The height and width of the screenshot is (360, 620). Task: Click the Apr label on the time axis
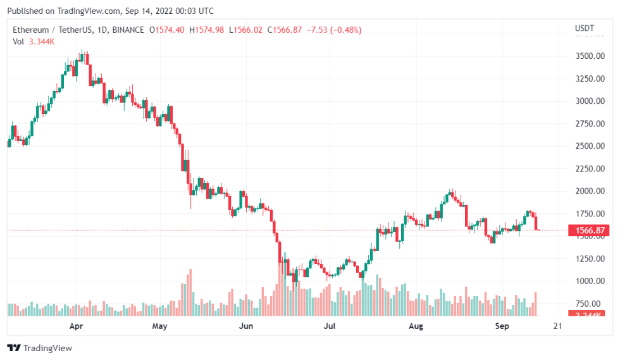[x=77, y=326]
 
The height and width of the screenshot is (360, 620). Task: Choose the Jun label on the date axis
[x=247, y=326]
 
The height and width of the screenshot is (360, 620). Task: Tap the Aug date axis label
[x=416, y=326]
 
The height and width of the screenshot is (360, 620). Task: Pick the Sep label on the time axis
[x=502, y=326]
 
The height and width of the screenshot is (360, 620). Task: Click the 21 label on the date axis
[x=557, y=326]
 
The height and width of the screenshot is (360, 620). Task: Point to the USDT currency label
[x=584, y=28]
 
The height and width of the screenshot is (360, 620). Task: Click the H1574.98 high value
[x=208, y=30]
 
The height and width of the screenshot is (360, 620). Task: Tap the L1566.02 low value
[x=247, y=30]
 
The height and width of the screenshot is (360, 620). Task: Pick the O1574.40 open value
[x=168, y=30]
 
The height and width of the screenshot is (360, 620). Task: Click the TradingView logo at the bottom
[x=39, y=348]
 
